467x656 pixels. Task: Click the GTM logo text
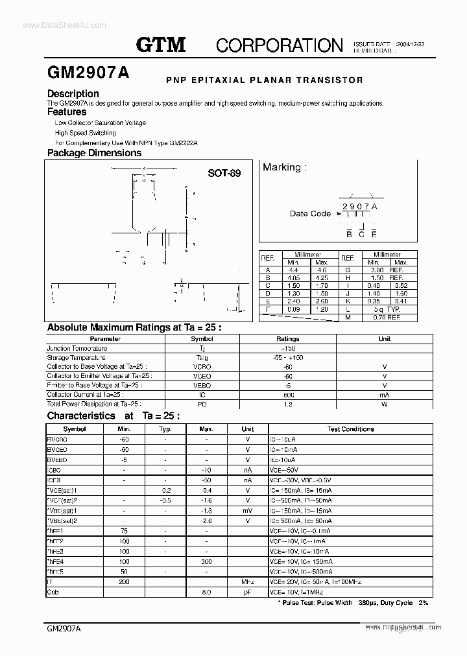click(x=161, y=44)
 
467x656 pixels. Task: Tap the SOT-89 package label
click(x=224, y=173)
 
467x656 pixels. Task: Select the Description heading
click(x=73, y=93)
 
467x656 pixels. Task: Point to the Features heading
click(x=67, y=111)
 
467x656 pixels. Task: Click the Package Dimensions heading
click(x=94, y=153)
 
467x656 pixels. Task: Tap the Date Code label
click(x=310, y=213)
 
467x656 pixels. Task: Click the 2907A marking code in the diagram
click(x=359, y=206)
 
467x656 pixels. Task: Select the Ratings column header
click(x=288, y=338)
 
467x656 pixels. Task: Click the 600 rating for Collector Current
click(x=288, y=395)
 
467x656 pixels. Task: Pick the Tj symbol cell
click(x=202, y=348)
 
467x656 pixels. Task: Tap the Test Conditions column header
click(x=350, y=429)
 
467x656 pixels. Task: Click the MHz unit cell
click(x=248, y=582)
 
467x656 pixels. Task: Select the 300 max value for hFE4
click(x=206, y=561)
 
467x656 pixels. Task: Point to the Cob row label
click(x=54, y=592)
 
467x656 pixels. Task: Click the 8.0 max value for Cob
click(x=206, y=592)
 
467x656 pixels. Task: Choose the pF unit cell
click(x=248, y=592)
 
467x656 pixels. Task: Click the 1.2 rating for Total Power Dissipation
click(x=288, y=404)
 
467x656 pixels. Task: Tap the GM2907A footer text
click(x=64, y=629)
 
